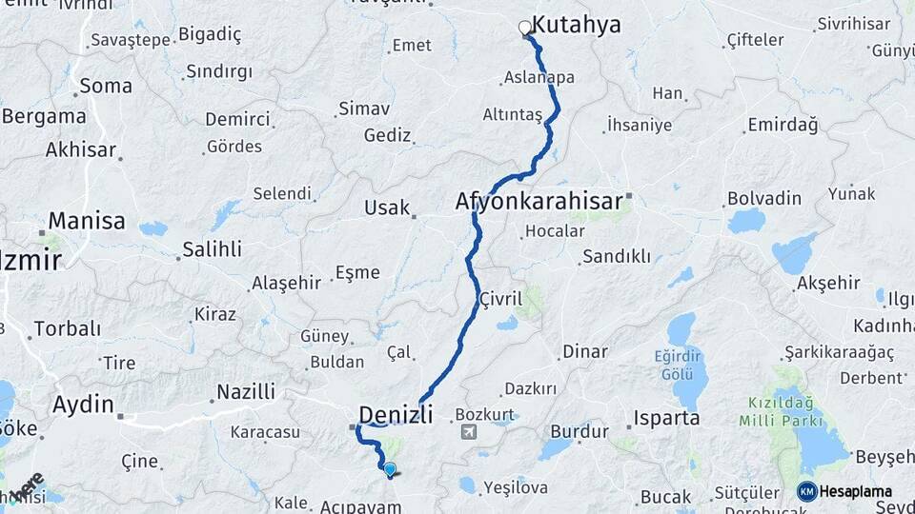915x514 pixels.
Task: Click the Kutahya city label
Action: click(576, 25)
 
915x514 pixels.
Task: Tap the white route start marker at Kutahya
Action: click(525, 28)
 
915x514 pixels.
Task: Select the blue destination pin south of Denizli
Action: click(390, 468)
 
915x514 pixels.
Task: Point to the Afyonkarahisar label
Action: click(539, 201)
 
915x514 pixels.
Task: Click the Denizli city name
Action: click(396, 414)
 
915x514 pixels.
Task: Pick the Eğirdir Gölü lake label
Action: click(678, 364)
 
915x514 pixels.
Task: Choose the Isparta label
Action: click(668, 418)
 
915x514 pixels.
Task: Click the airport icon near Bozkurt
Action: click(469, 433)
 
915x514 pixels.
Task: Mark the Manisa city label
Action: click(86, 221)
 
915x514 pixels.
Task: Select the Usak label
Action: click(387, 208)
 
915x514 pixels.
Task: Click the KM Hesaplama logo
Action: click(845, 491)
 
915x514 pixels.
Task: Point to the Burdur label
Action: click(579, 431)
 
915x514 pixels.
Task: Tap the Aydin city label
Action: click(83, 404)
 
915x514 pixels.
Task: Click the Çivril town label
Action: click(501, 298)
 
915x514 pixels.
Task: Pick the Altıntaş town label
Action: click(512, 114)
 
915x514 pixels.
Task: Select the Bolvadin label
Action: click(764, 198)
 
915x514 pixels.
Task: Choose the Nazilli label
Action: click(246, 391)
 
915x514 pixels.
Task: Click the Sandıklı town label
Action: click(616, 256)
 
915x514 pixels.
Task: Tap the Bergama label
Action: click(44, 116)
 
